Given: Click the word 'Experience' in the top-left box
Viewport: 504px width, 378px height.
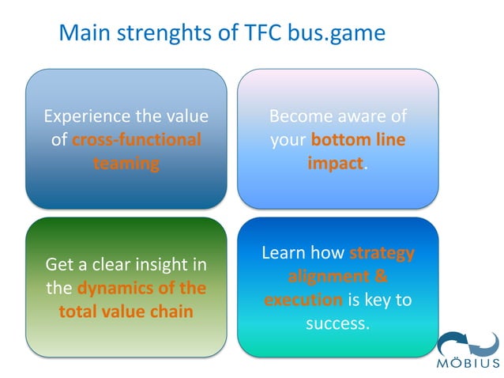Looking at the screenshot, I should (86, 116).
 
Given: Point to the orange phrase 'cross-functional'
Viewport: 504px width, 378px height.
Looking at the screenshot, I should (136, 140).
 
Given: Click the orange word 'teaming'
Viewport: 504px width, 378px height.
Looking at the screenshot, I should (126, 164).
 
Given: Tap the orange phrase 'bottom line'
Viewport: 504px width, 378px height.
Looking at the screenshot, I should (358, 140).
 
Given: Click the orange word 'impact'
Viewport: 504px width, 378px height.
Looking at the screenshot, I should (336, 164).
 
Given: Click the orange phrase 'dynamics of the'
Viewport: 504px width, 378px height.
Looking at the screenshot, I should (141, 288).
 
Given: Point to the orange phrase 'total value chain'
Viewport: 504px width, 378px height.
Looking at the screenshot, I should (126, 312).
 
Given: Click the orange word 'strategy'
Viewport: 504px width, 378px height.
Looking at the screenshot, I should (382, 253).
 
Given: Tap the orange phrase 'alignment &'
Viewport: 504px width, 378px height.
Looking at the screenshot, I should (337, 277).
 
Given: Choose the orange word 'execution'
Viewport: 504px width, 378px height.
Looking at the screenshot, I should (303, 301).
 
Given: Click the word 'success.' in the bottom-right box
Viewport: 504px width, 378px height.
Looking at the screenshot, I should (337, 323).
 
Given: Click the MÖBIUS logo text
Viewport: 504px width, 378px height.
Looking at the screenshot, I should (468, 365).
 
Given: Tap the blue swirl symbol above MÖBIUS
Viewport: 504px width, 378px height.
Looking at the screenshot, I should (468, 342).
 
